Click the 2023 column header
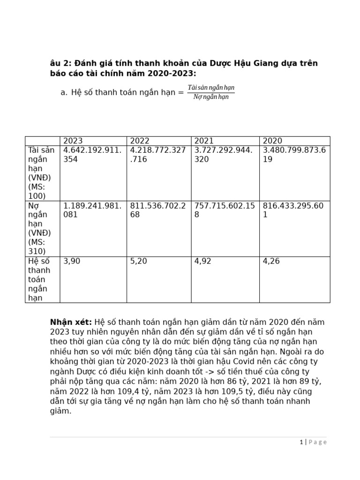click(x=73, y=141)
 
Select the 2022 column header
click(x=140, y=141)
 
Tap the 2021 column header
click(x=204, y=141)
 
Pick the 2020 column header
click(x=272, y=141)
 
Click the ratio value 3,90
click(x=72, y=261)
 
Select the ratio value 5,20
click(x=138, y=261)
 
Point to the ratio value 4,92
click(x=202, y=261)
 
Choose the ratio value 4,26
click(x=271, y=261)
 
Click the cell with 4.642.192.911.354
click(x=92, y=154)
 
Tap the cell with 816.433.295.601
click(x=294, y=210)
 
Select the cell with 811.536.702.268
click(x=158, y=210)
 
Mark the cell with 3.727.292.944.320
click(x=224, y=154)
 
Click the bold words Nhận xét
click(x=71, y=322)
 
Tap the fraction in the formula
click(x=211, y=92)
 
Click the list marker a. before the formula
click(x=64, y=92)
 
